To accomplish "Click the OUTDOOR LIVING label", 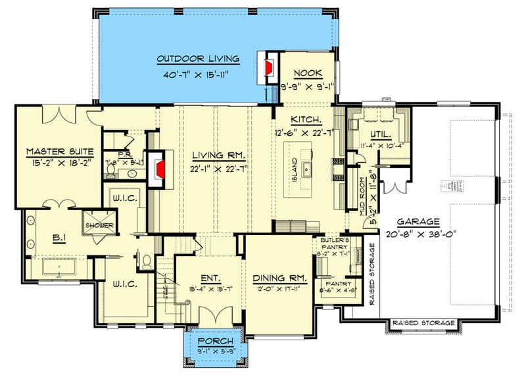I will click(x=198, y=59).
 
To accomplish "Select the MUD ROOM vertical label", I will click(x=363, y=192).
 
